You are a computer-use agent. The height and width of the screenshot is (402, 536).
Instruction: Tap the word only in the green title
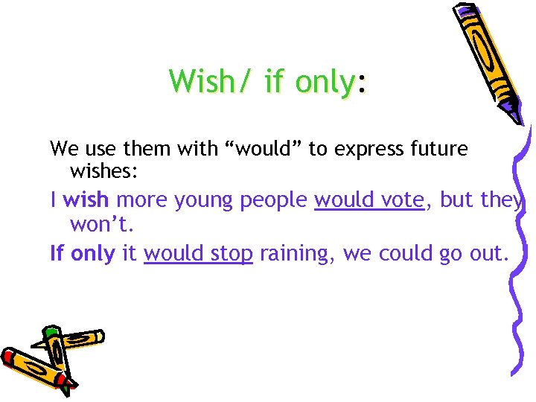[323, 82]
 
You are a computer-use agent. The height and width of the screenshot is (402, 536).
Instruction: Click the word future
[439, 149]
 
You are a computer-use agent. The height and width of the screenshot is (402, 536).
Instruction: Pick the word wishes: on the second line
[103, 172]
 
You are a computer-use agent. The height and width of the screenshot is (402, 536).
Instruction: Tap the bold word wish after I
[86, 200]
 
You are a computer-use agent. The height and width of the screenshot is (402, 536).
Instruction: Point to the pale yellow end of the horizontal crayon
[98, 336]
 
